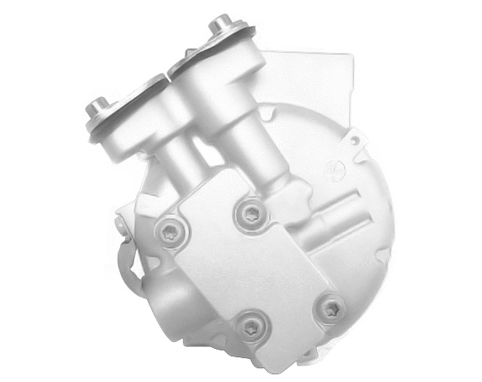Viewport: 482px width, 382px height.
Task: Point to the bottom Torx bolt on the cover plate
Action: coord(251,325)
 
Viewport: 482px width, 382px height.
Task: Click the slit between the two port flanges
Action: coord(173,72)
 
